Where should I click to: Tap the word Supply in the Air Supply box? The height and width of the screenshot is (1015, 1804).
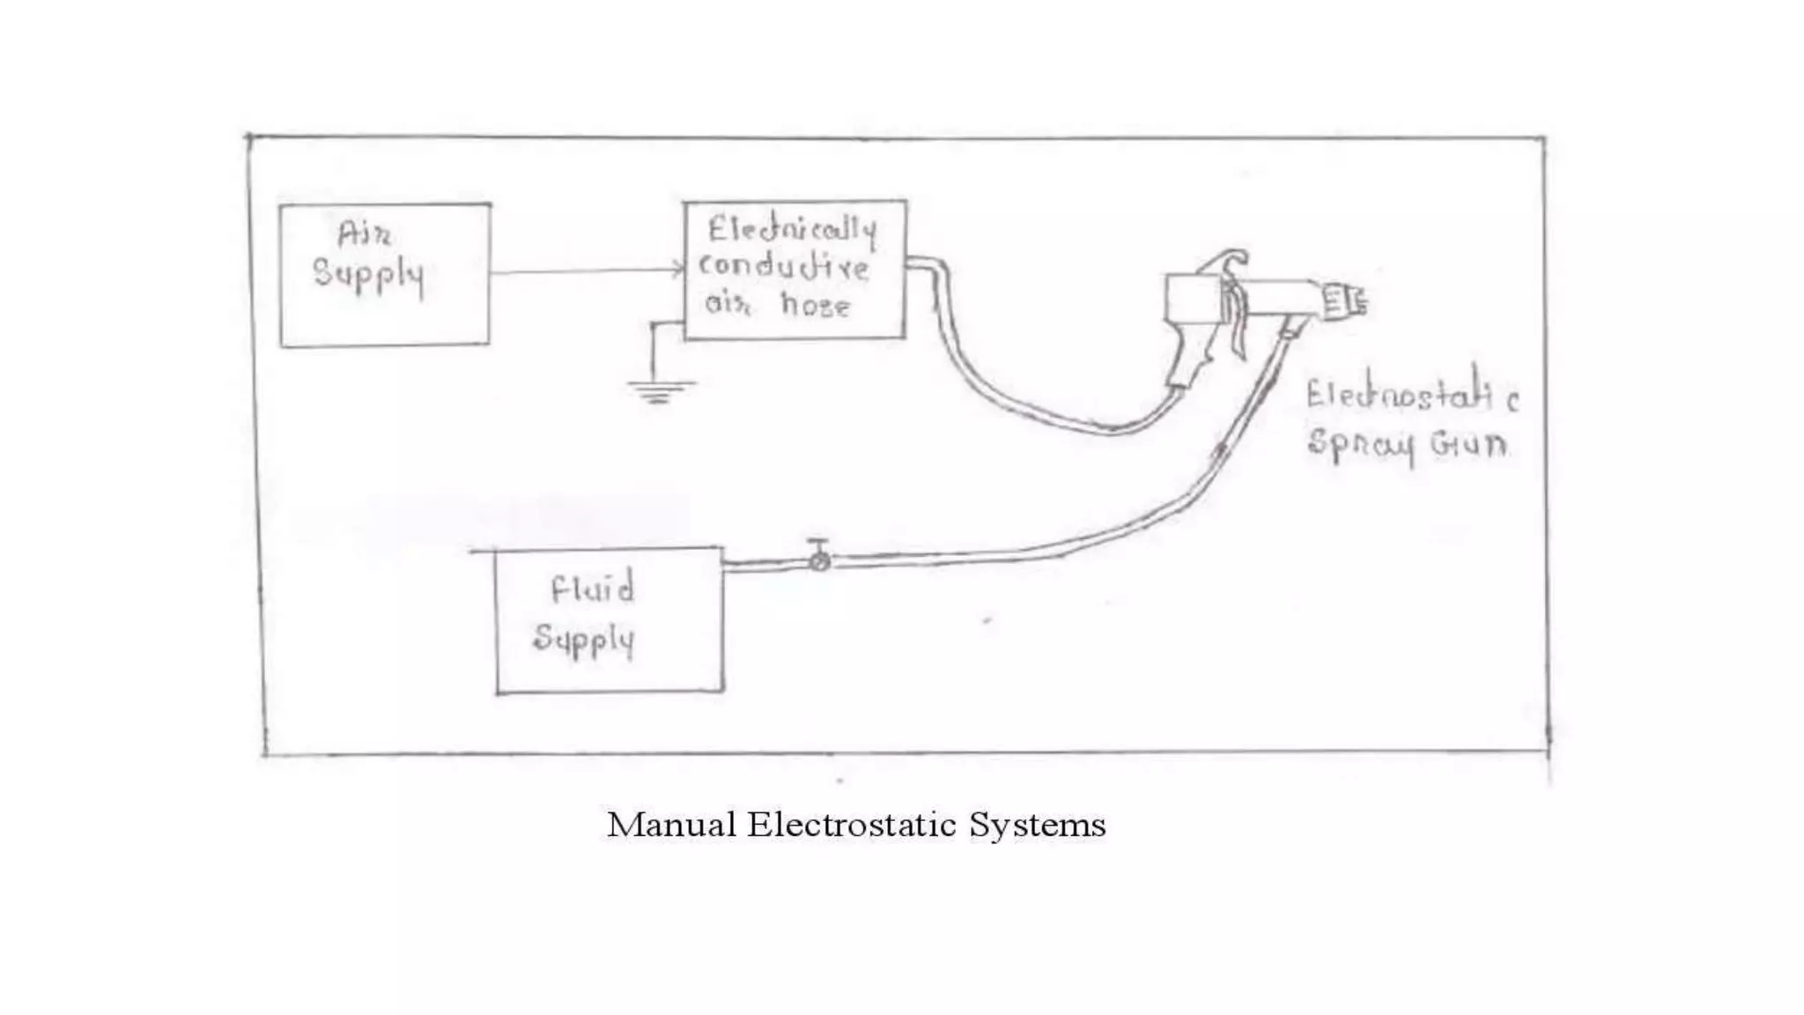(369, 275)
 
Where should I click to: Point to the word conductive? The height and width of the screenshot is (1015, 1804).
(784, 267)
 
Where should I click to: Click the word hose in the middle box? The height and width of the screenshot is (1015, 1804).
(815, 305)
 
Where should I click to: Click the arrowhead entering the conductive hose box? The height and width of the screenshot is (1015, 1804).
(678, 270)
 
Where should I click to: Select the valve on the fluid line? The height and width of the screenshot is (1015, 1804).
(819, 559)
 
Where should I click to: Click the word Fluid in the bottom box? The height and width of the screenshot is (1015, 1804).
(592, 589)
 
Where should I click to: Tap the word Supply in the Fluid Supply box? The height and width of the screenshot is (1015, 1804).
(583, 639)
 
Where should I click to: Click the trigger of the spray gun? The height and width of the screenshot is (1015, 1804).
(1237, 322)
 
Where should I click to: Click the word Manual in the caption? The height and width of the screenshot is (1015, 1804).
(671, 826)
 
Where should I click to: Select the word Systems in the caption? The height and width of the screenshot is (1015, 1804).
(1037, 826)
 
